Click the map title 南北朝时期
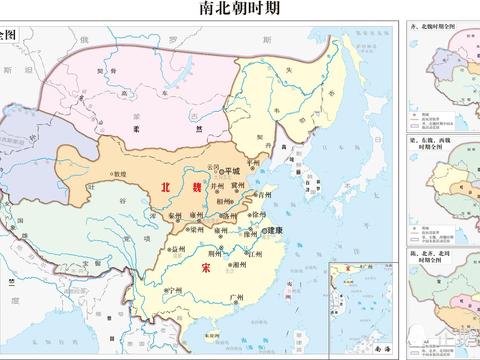[239, 9]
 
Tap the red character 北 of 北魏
[167, 187]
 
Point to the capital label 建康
[272, 231]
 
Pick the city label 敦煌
[118, 173]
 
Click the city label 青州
[264, 195]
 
